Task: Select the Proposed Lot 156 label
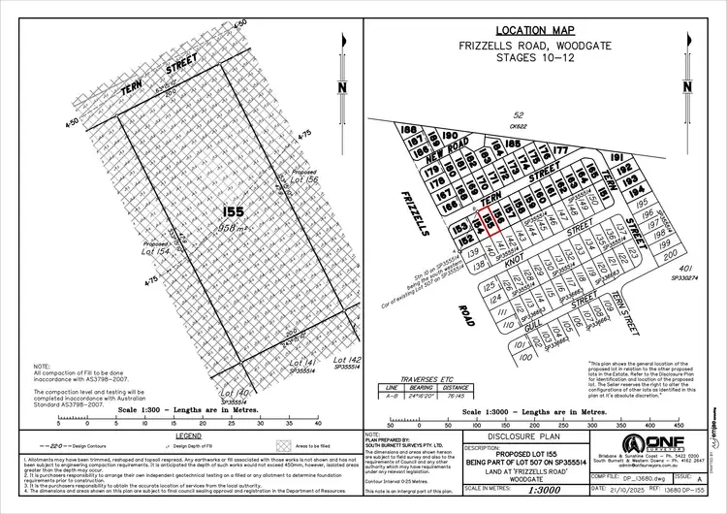pos(303,178)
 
